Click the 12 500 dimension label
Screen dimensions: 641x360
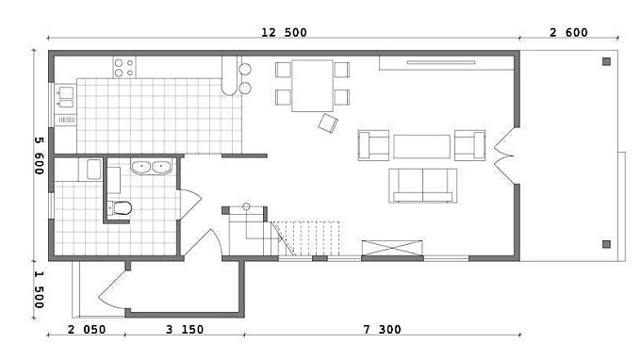point(284,33)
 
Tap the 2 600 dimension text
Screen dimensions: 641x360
point(568,33)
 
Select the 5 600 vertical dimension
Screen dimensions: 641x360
point(39,155)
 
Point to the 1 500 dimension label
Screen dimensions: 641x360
point(39,289)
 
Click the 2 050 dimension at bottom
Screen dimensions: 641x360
point(87,329)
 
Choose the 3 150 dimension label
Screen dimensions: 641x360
point(185,329)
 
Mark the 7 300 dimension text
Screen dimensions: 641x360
point(382,329)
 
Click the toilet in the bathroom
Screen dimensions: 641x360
point(120,208)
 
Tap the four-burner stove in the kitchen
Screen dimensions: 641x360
point(124,68)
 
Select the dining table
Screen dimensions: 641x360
point(312,86)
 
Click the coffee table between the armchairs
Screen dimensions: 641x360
point(422,146)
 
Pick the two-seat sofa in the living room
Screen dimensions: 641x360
point(422,186)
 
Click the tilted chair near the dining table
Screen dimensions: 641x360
point(328,123)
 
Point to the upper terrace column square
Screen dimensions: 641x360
point(606,61)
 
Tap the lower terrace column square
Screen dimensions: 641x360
point(606,244)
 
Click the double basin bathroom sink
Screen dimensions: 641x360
point(151,167)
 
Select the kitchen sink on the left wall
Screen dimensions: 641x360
point(66,97)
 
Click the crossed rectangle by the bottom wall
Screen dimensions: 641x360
point(392,248)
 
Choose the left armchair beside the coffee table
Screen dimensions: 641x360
point(373,145)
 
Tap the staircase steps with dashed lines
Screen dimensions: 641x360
point(309,238)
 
